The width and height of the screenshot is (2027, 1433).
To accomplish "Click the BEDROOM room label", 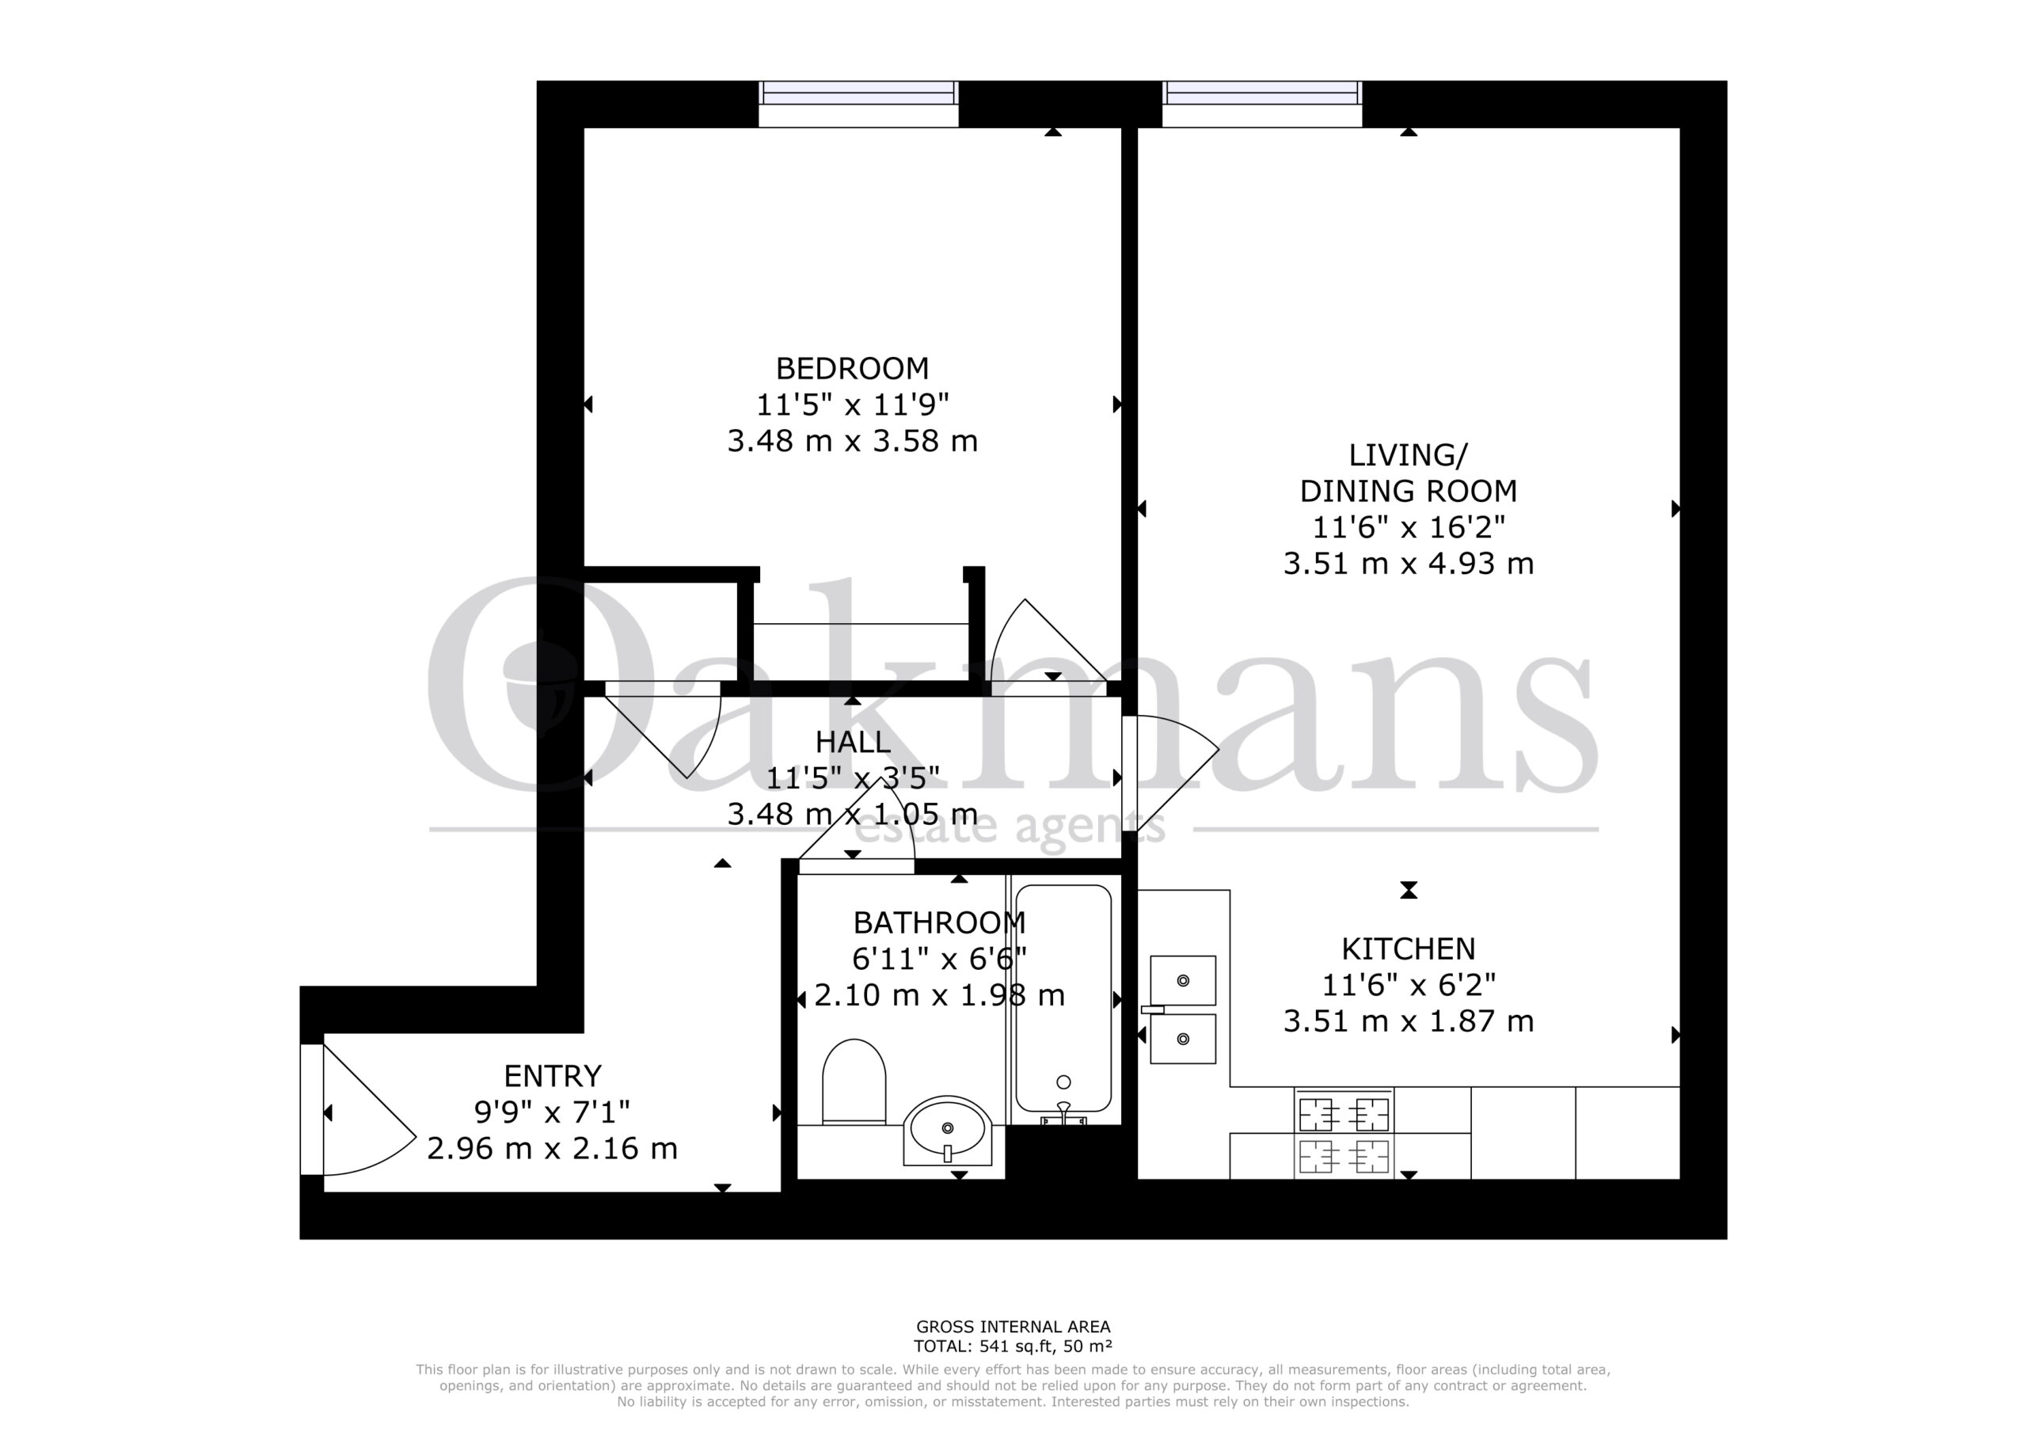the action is pos(852,367).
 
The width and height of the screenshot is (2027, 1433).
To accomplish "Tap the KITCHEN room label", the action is pos(1408,949).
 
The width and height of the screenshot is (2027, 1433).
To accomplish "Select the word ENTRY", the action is pos(553,1076).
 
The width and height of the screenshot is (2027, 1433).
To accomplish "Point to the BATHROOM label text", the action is pos(939,922).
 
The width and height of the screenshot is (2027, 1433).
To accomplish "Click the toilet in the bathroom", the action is pos(854,1081).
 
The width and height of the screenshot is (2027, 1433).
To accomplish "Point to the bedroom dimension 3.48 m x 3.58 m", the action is pos(852,440).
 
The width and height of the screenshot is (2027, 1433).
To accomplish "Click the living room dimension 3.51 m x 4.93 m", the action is pos(1408,564).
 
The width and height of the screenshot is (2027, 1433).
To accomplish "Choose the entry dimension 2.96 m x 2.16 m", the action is pos(553,1149).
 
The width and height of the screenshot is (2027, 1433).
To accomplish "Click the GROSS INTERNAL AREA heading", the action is pos(1013,1326).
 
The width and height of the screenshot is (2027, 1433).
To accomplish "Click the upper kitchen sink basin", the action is pos(1183,980).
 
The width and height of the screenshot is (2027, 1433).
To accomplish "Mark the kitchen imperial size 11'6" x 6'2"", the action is pos(1408,984).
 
